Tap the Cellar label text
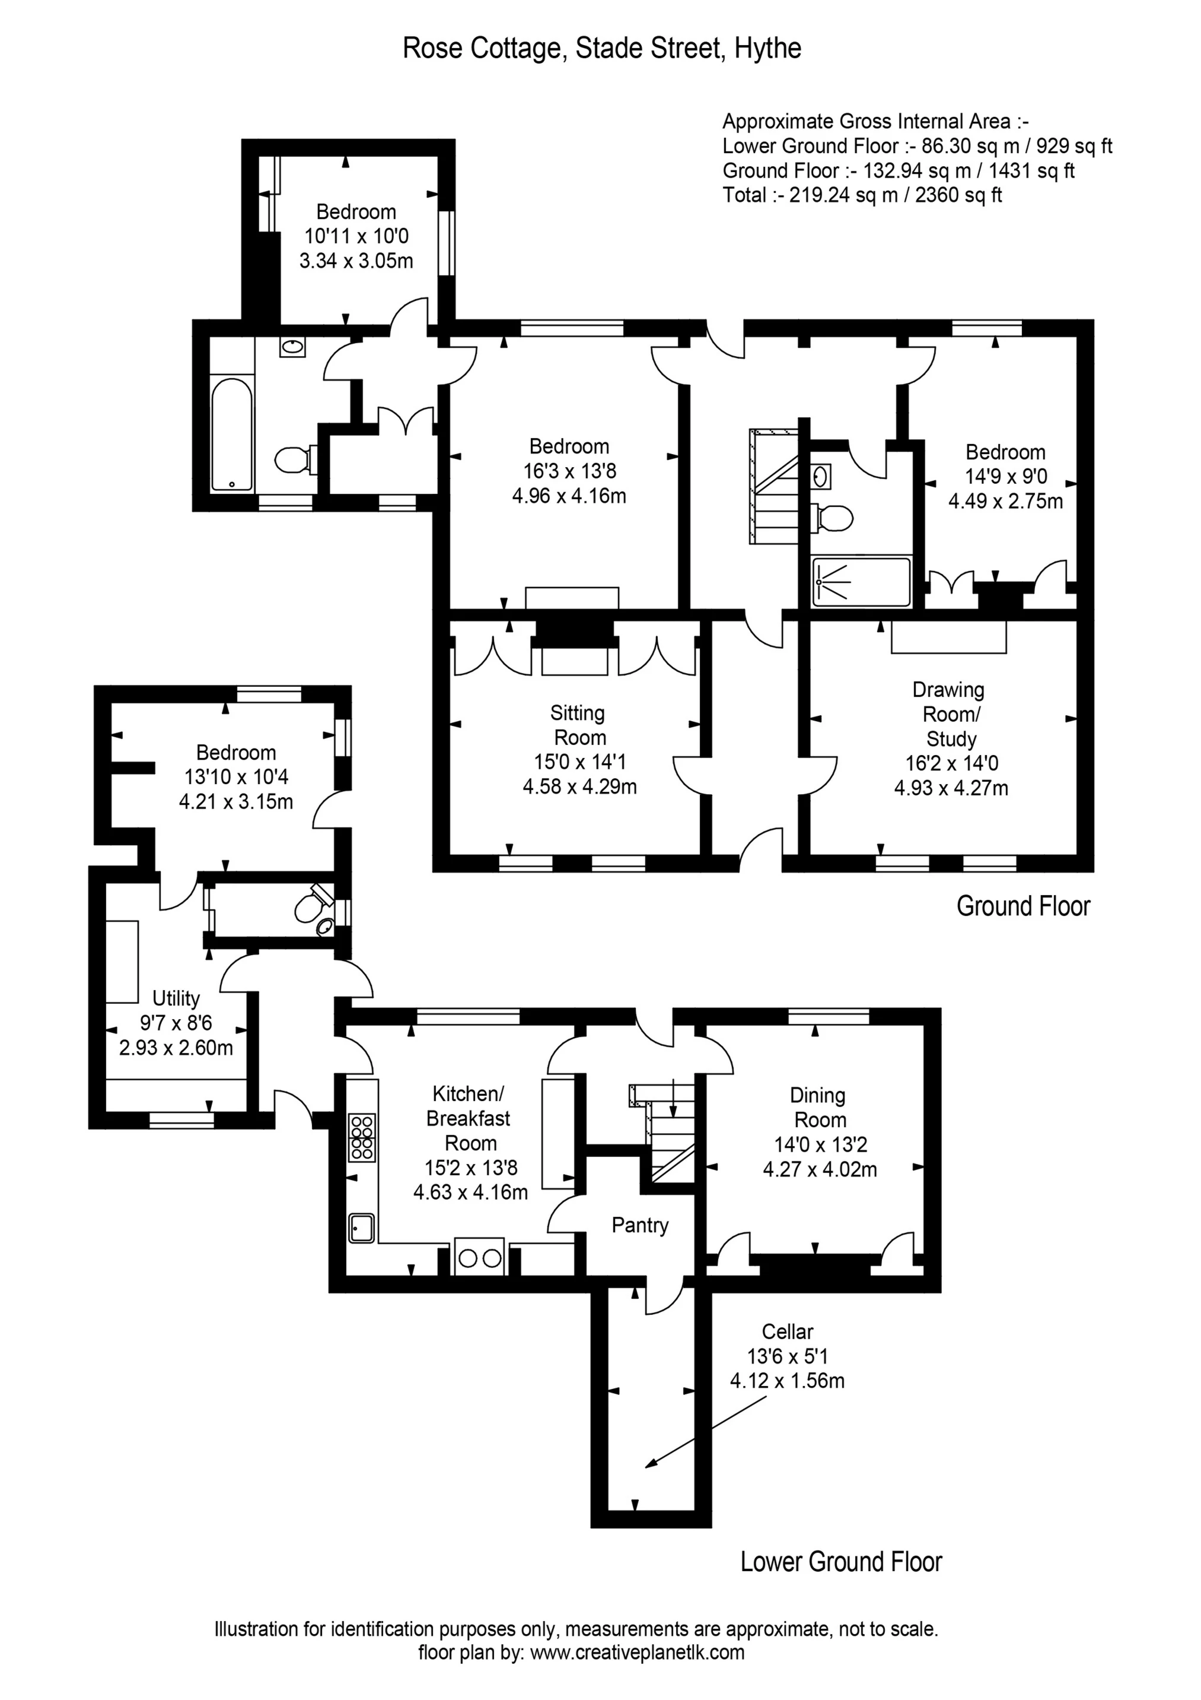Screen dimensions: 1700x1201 coord(788,1332)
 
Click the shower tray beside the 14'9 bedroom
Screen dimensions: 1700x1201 coord(861,582)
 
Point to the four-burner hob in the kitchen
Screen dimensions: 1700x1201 coord(362,1137)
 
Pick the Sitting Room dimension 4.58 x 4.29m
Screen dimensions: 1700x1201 coord(579,786)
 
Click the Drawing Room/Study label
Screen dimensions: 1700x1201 coord(950,715)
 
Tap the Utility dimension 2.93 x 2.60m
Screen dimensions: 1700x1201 coord(176,1048)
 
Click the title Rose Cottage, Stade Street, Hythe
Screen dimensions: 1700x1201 coord(601,48)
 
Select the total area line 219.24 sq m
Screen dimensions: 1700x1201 coord(862,195)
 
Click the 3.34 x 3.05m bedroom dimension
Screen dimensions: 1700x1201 coord(356,261)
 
